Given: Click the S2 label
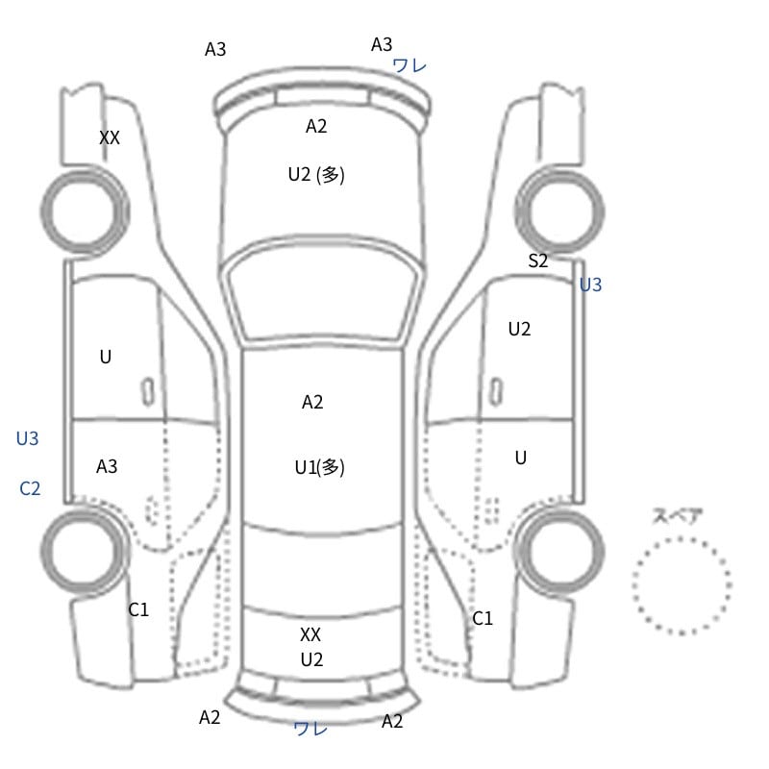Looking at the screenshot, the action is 538,260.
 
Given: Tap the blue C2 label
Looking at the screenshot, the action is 30,488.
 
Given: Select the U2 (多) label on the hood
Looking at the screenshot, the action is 316,175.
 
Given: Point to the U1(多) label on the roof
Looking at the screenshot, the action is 320,467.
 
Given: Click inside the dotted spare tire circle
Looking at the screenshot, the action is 682,585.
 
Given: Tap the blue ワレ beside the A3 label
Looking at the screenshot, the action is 409,65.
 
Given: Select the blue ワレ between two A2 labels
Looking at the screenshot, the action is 310,729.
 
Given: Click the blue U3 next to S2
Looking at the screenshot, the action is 590,285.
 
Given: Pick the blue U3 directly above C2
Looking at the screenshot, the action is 28,438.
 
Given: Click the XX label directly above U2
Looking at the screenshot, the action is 310,634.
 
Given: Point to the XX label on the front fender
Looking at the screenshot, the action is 110,137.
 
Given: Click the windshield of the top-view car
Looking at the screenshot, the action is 322,294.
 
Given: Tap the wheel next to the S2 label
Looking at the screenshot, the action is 559,211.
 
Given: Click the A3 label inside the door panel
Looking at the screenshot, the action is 107,466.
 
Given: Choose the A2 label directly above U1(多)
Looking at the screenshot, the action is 312,402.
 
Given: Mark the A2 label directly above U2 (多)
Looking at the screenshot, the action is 316,127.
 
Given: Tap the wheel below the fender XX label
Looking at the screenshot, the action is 85,211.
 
